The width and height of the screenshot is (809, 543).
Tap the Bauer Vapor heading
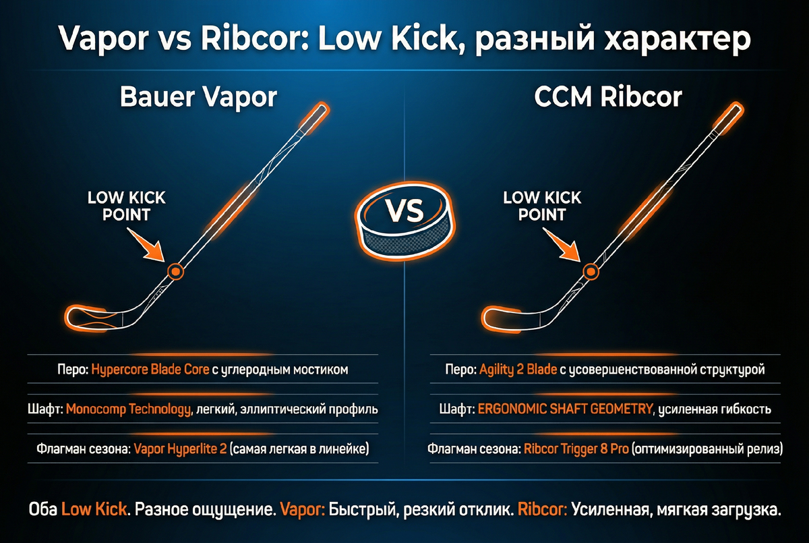pos(198,97)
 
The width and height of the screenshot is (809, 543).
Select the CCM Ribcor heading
pos(608,97)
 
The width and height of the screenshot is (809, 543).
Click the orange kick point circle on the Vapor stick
pos(175,271)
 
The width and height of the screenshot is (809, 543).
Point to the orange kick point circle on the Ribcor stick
pos(591,271)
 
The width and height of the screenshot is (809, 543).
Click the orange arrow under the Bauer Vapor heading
pos(152,247)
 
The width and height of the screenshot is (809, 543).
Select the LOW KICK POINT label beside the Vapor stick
pos(127,206)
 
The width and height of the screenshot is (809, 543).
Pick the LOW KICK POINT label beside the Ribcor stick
pos(542,206)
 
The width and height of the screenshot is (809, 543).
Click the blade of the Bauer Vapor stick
pos(91,317)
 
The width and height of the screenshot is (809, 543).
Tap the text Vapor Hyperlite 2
pos(180,448)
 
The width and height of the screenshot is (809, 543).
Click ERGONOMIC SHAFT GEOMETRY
pos(565,409)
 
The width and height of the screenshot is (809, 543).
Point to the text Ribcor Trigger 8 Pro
pos(576,448)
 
